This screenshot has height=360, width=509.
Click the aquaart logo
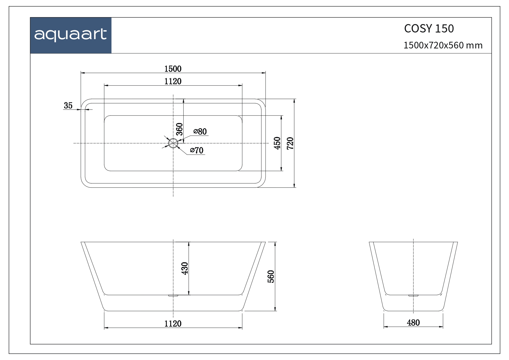(x=70, y=35)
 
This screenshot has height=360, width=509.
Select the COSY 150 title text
(x=429, y=28)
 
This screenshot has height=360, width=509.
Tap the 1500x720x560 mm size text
(x=443, y=46)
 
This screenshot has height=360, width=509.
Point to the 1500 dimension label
(x=173, y=69)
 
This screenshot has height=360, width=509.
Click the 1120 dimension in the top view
(x=173, y=81)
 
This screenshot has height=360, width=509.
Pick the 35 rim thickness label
(x=68, y=106)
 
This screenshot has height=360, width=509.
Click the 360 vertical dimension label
(x=180, y=129)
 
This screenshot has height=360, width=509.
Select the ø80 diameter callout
(x=200, y=131)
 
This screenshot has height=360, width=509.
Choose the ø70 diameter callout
(x=197, y=150)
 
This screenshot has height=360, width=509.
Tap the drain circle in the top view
(x=173, y=143)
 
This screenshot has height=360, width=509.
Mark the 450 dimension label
(x=277, y=143)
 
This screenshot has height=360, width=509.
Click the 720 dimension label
(x=290, y=143)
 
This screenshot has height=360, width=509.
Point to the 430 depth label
(x=185, y=268)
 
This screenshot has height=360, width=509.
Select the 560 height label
(x=271, y=276)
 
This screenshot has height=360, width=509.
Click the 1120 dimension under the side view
(x=173, y=323)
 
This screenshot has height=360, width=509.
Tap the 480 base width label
(x=413, y=322)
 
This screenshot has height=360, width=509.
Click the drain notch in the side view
(x=173, y=296)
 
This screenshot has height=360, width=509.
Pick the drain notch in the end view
(x=413, y=296)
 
